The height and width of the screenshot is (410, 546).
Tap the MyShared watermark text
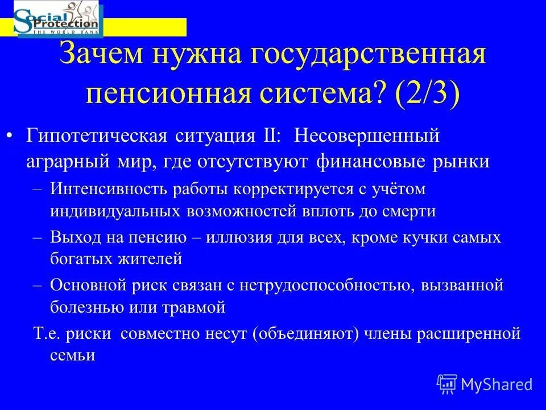click(497, 384)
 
